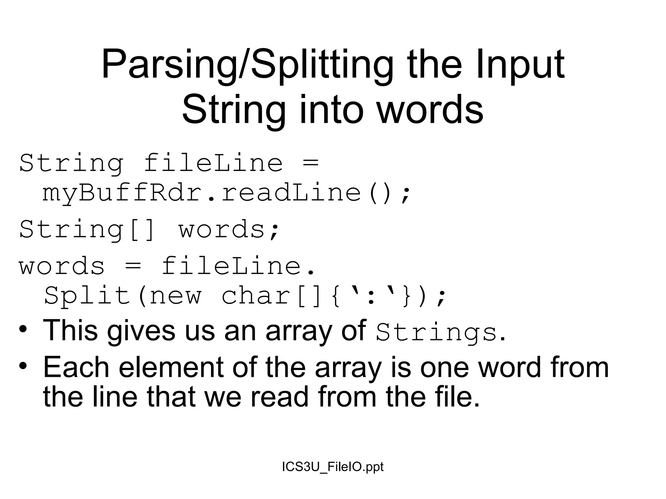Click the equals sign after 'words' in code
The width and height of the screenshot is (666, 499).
133,266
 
